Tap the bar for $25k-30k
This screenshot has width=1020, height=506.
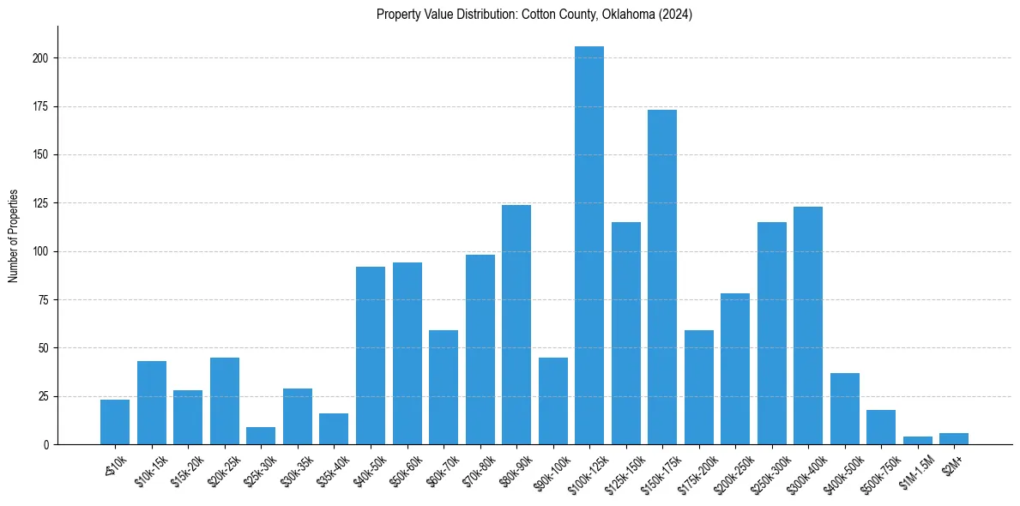click(x=261, y=436)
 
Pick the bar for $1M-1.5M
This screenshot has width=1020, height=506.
click(x=917, y=440)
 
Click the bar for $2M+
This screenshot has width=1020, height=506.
click(x=954, y=438)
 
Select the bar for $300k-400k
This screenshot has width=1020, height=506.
click(x=808, y=325)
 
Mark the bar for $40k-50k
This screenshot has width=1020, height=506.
click(x=371, y=355)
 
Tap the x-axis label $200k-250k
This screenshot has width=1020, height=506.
click(x=733, y=470)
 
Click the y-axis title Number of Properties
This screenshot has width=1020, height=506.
click(x=14, y=236)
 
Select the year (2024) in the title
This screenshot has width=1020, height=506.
click(x=675, y=15)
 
